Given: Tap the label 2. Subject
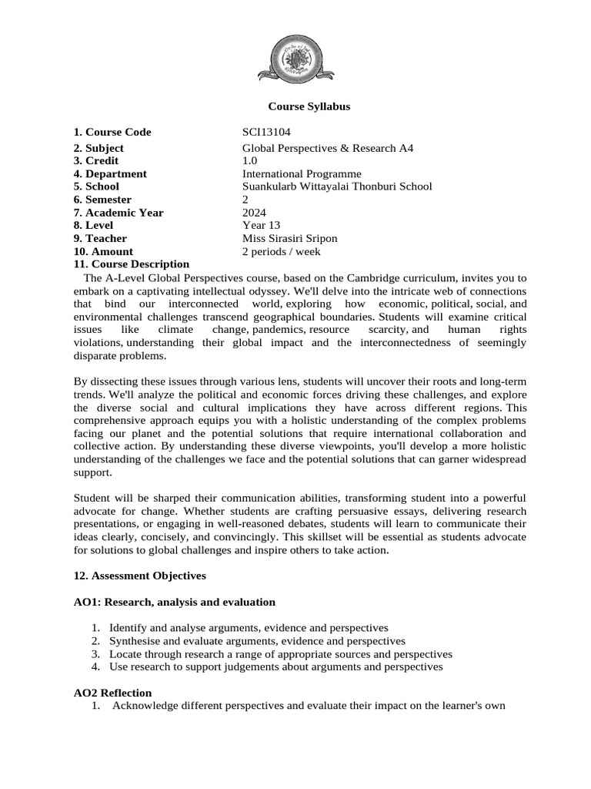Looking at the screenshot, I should coord(98,148).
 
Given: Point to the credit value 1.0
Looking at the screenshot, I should coord(250,161).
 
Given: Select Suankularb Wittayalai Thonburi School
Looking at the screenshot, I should coord(337,186).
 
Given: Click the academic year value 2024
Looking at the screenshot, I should coord(254,213).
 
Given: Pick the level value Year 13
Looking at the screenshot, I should coord(262,225).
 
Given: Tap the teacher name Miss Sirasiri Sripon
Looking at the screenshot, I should coord(289,238).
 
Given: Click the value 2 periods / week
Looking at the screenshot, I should coord(281,251).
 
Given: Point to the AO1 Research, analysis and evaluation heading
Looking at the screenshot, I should coord(175,602).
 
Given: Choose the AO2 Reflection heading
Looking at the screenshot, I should coord(112,693).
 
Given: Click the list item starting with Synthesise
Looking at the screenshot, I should coord(257,641).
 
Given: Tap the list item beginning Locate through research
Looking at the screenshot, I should coord(280,654).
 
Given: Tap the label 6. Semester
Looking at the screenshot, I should coord(102,200).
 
